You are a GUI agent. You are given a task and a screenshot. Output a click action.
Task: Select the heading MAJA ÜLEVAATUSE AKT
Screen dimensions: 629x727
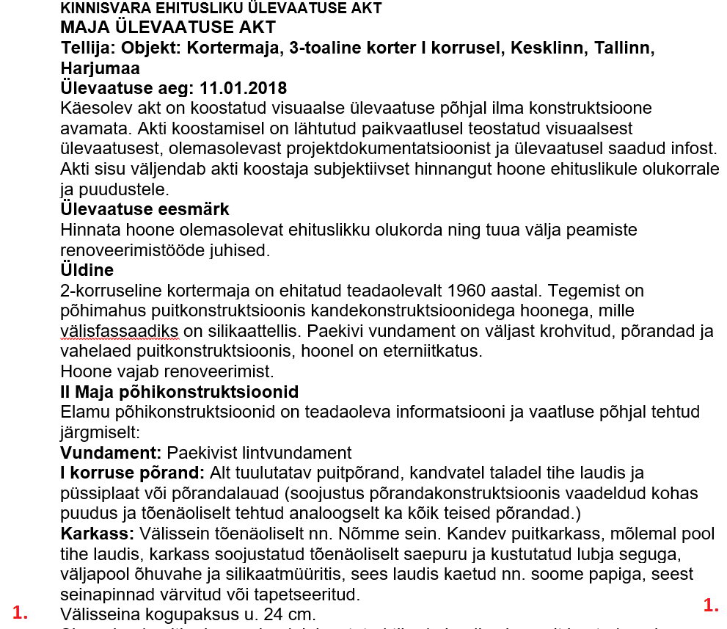[x=168, y=28]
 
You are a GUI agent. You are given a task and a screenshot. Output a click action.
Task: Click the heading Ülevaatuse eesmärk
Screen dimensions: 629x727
[x=145, y=209]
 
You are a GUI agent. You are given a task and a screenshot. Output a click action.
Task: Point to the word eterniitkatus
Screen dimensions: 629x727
[x=437, y=351]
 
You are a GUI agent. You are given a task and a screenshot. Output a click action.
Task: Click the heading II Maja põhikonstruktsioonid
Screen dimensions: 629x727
[x=179, y=391]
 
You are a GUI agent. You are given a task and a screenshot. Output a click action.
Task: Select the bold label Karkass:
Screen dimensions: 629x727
[x=97, y=533]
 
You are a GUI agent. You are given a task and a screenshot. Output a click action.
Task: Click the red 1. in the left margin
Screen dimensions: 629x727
[x=21, y=613]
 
